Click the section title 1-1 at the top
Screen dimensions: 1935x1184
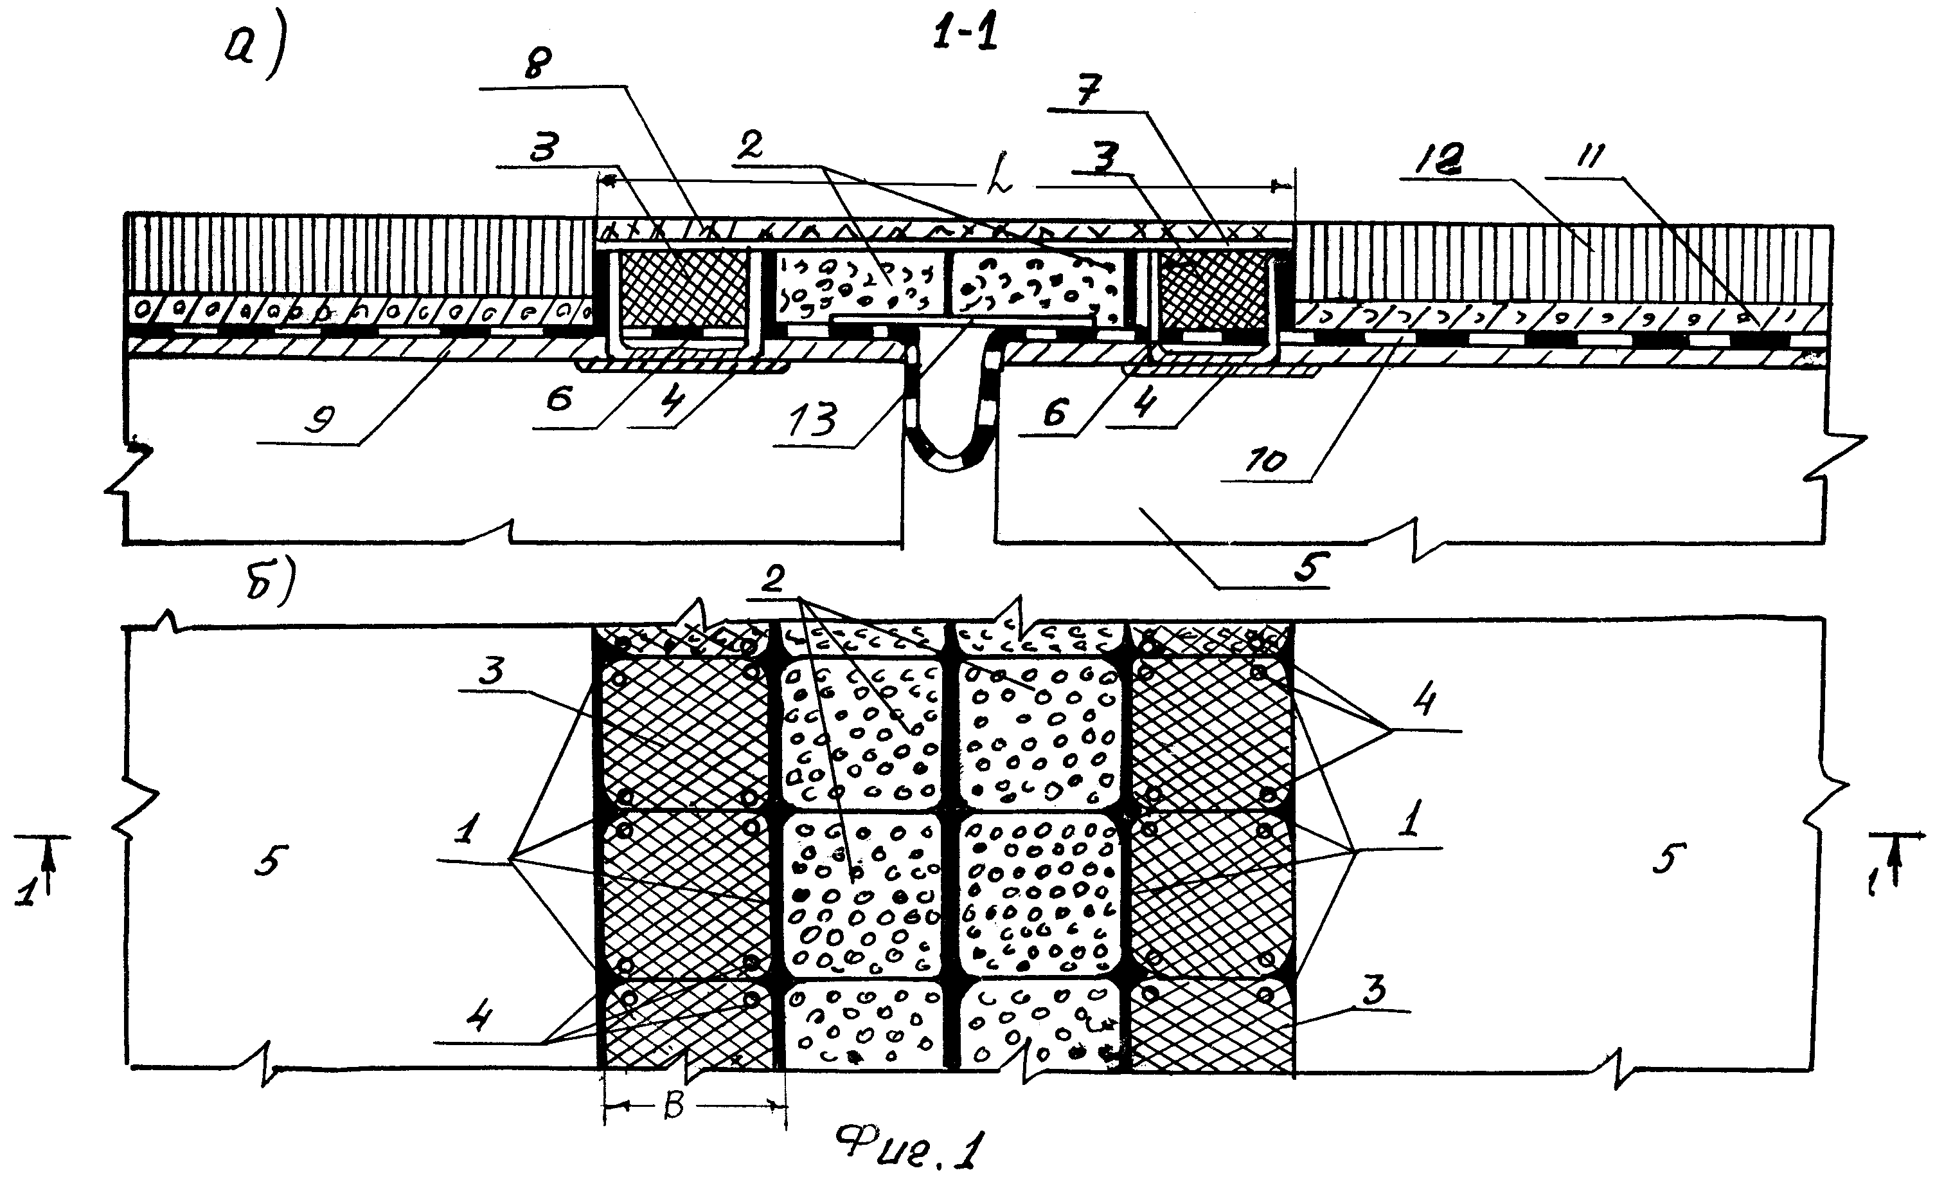[x=965, y=35]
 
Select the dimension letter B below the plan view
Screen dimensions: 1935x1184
[x=673, y=1106]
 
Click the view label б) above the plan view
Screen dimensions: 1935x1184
[x=269, y=581]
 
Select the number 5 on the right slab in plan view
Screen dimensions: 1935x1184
[x=1666, y=858]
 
